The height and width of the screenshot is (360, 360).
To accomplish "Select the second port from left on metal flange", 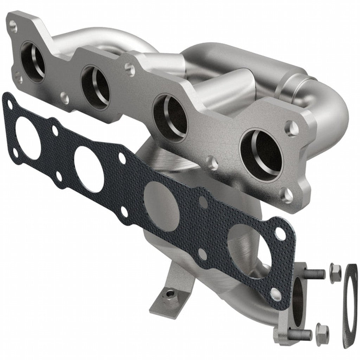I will [95, 86].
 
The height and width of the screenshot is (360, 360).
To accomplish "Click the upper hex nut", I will [335, 271].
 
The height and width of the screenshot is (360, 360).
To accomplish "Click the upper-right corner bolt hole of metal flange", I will [292, 129].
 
